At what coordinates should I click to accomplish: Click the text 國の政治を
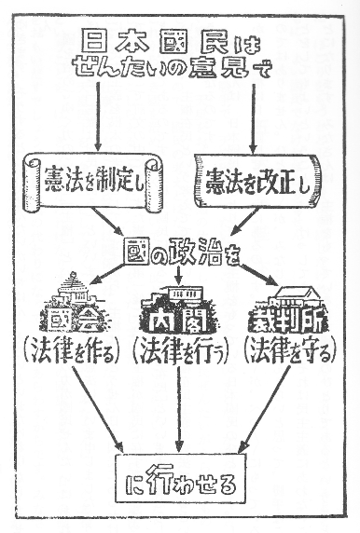pyautogui.click(x=180, y=252)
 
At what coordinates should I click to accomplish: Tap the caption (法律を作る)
pyautogui.click(x=76, y=354)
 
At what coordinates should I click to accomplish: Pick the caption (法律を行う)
pyautogui.click(x=177, y=354)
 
